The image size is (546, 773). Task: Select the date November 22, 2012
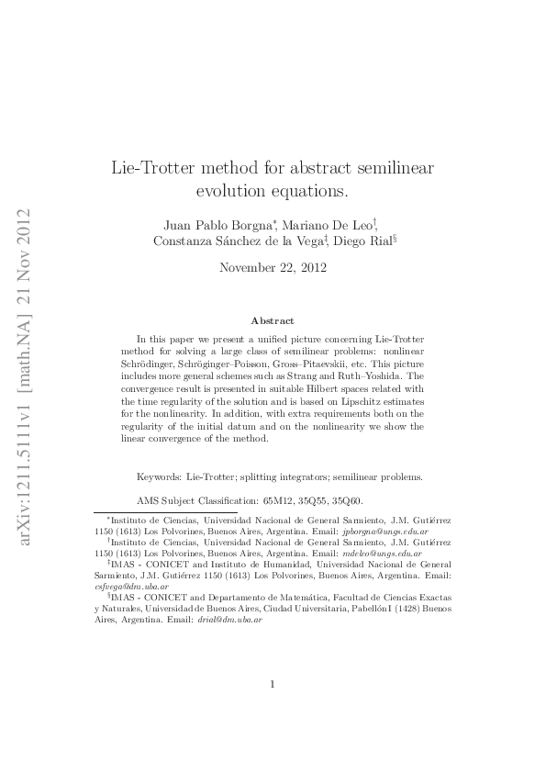(273, 268)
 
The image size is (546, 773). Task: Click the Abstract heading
(273, 320)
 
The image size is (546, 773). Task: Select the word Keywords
(159, 476)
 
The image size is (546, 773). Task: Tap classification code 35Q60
(349, 500)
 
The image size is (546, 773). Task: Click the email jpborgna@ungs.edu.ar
(385, 532)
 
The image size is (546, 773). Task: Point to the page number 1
(273, 683)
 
